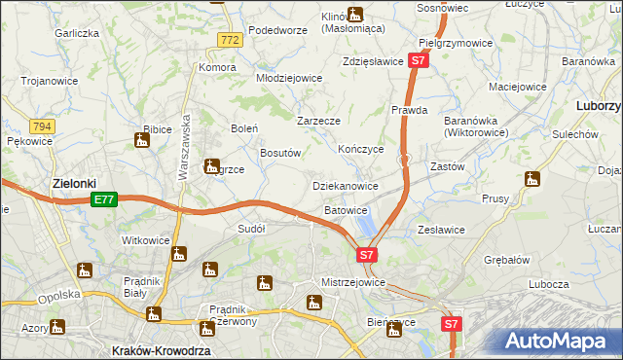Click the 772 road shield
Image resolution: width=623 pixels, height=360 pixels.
pyautogui.click(x=229, y=40)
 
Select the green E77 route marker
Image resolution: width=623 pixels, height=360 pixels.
pyautogui.click(x=105, y=199)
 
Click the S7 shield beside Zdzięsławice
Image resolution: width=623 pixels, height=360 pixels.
pyautogui.click(x=418, y=60)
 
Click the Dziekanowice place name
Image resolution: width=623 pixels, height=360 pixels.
pyautogui.click(x=345, y=185)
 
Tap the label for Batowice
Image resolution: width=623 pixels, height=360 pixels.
pyautogui.click(x=346, y=210)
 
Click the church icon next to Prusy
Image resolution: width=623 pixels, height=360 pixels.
pyautogui.click(x=531, y=179)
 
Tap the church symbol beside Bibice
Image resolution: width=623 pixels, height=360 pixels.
pyautogui.click(x=142, y=142)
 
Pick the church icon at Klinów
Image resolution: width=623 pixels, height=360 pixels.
pyautogui.click(x=355, y=15)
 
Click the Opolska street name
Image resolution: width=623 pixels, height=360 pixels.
pyautogui.click(x=56, y=299)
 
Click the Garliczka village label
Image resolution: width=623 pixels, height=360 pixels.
pyautogui.click(x=78, y=33)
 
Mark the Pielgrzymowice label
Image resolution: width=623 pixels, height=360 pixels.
pyautogui.click(x=456, y=44)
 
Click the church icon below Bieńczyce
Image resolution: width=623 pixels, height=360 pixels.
pyautogui.click(x=393, y=331)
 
